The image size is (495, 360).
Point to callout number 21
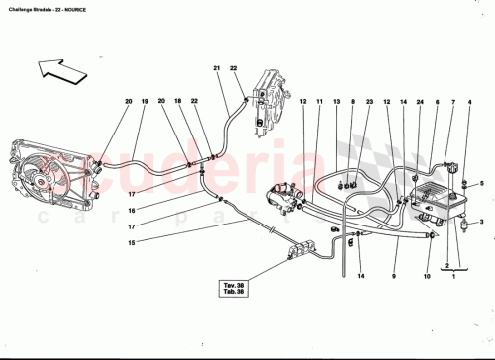216,67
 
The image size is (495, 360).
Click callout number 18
179,102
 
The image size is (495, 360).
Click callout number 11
320,102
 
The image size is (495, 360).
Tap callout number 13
337,102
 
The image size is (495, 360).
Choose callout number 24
420,102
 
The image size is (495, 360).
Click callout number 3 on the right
482,225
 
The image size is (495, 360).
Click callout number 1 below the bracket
454,280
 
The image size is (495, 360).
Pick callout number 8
352,102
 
